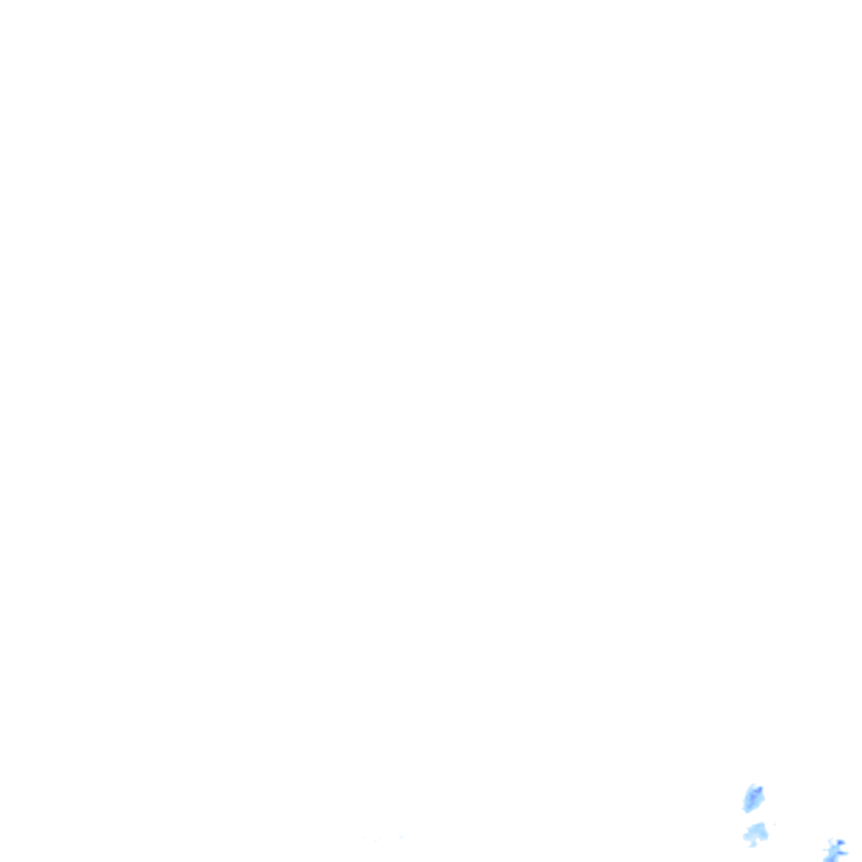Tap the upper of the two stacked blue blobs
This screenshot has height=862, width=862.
point(752,796)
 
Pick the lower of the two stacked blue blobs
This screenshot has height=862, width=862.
point(756,834)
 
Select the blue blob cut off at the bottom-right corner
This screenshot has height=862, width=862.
point(834,849)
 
